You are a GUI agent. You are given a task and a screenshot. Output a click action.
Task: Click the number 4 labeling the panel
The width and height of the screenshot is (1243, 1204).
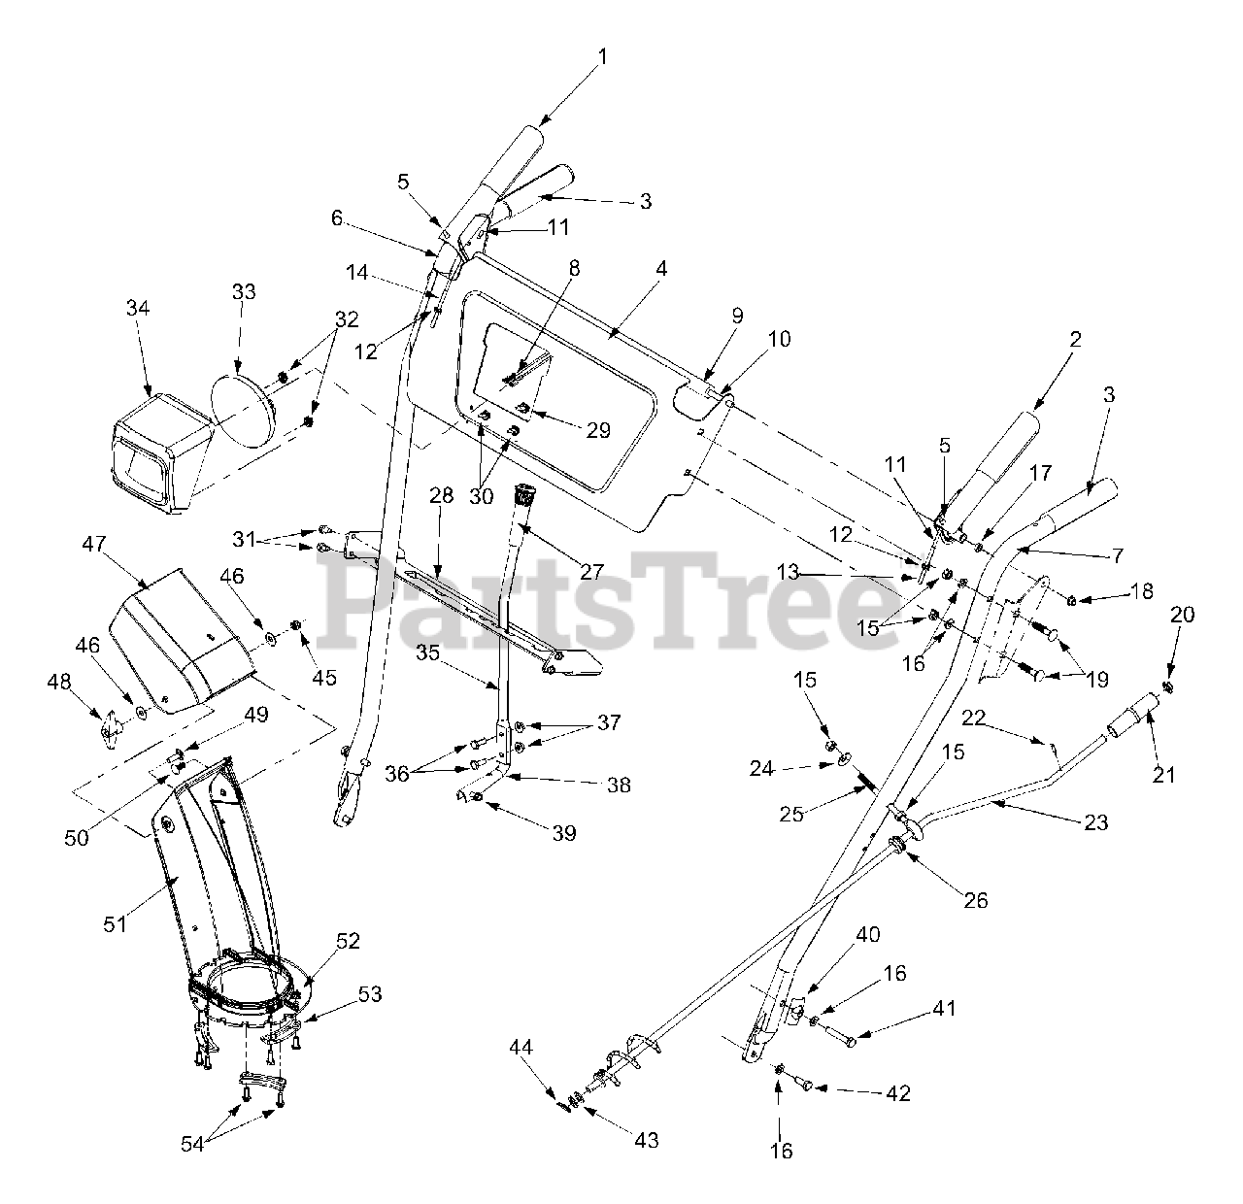(x=660, y=269)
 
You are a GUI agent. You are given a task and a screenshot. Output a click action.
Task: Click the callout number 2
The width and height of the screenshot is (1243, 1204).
(x=1075, y=340)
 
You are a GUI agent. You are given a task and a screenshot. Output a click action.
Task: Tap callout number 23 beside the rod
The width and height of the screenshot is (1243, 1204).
(x=1097, y=823)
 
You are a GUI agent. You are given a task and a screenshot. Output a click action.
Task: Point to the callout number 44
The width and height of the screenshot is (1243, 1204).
(x=521, y=1047)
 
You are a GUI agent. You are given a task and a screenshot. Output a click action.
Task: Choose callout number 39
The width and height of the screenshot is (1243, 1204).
(x=563, y=833)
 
